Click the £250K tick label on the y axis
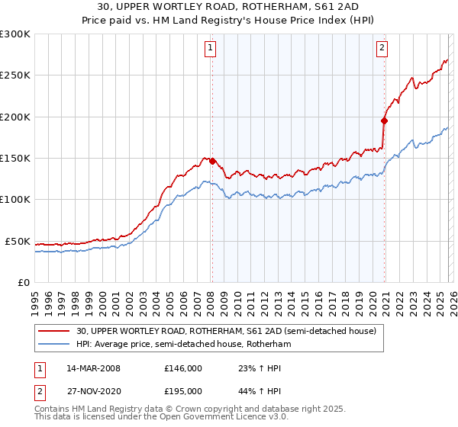pos(15,75)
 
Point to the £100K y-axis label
pos(15,200)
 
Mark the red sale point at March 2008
pos(212,161)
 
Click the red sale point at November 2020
pos(384,120)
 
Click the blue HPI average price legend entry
pos(183,345)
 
